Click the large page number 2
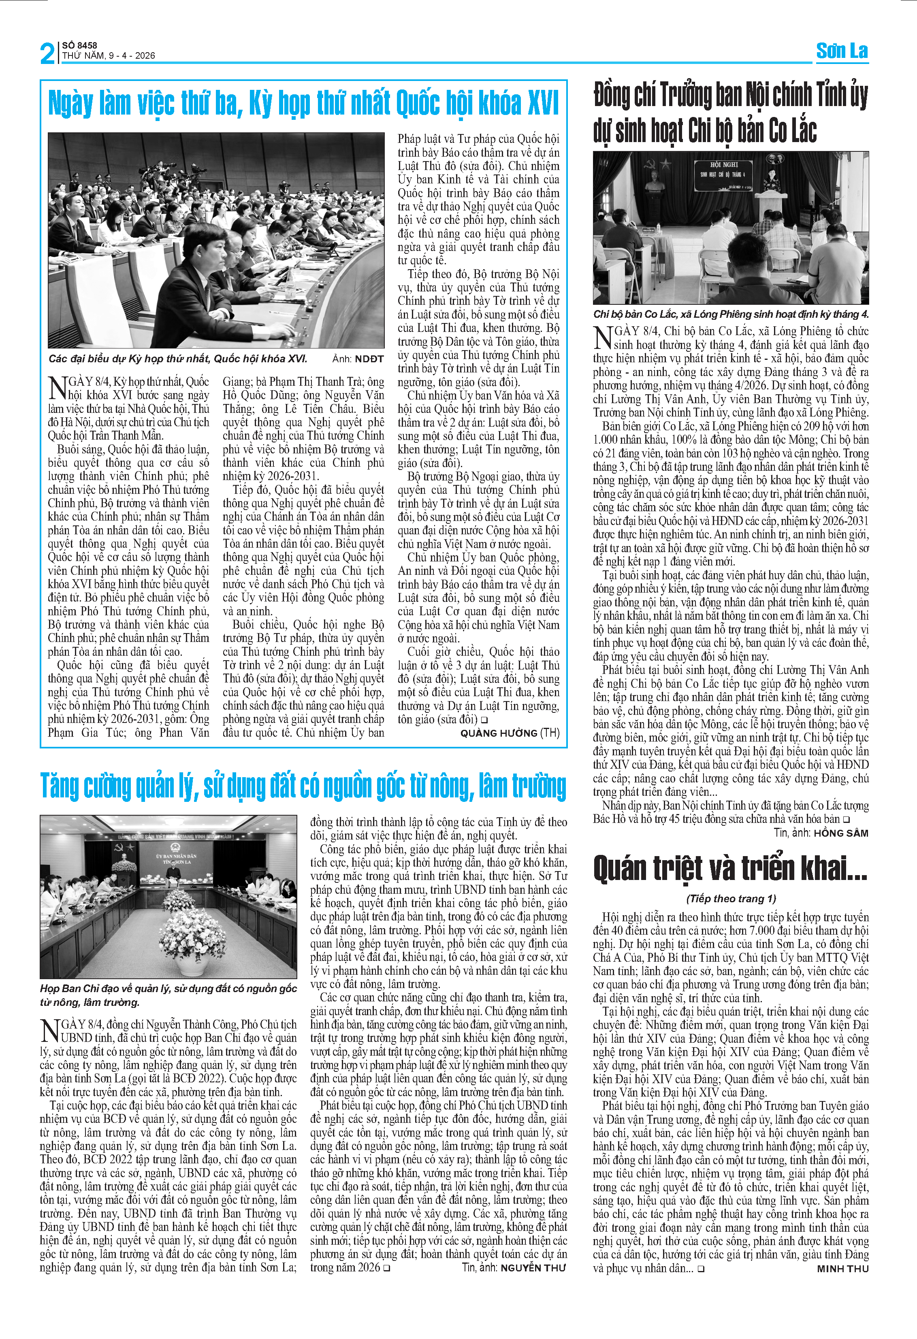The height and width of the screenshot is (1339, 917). click(48, 53)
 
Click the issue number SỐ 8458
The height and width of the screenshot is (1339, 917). click(79, 45)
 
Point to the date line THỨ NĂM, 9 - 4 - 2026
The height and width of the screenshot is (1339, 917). click(109, 56)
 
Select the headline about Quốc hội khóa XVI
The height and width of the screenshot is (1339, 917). click(303, 104)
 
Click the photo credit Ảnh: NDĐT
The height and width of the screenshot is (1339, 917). click(357, 359)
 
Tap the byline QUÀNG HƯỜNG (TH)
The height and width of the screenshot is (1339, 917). click(510, 733)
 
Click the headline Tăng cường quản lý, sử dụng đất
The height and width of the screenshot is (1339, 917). click(303, 786)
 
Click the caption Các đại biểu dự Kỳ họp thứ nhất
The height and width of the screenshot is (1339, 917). click(177, 359)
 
